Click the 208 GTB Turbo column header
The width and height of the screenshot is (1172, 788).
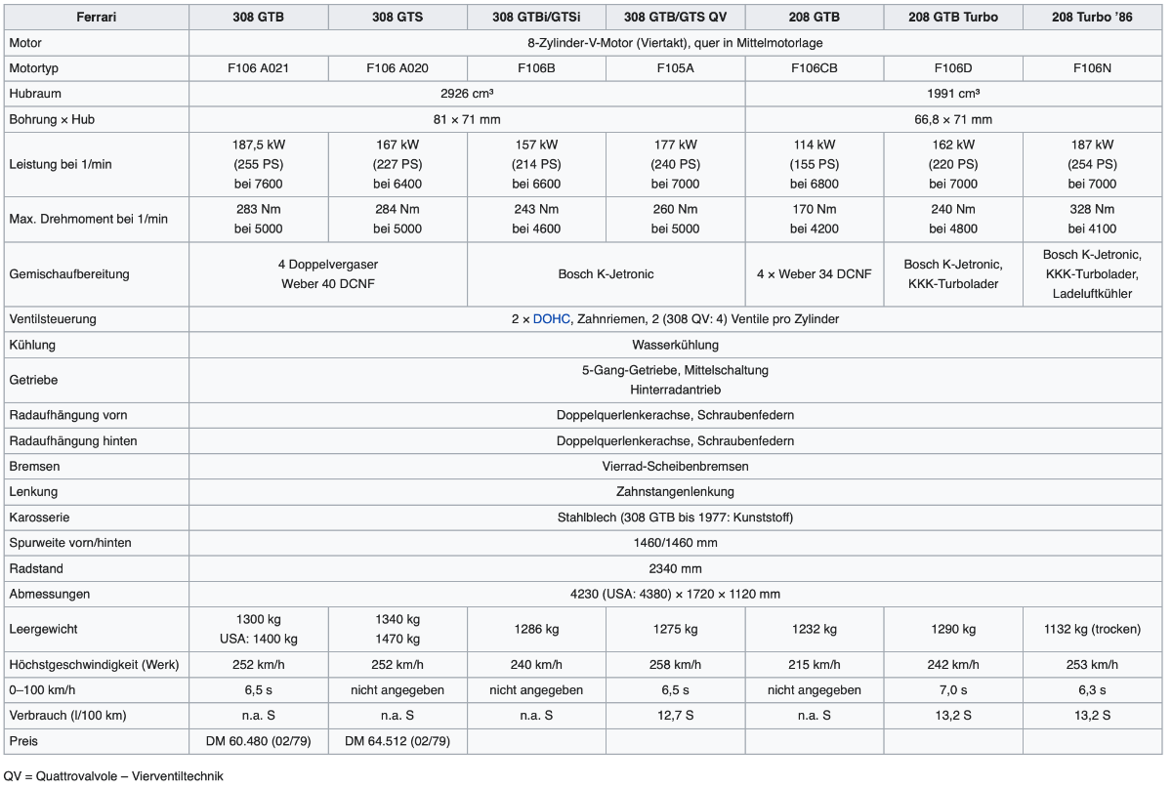953,18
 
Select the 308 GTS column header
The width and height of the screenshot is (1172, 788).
398,18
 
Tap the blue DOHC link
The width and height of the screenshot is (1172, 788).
552,319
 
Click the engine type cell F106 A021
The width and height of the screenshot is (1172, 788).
259,68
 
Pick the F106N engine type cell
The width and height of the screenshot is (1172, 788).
1092,68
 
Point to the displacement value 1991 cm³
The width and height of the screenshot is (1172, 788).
953,94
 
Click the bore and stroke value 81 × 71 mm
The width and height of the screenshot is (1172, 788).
466,119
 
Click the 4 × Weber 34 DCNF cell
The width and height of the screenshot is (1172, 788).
815,274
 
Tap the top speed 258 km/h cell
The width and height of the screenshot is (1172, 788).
675,665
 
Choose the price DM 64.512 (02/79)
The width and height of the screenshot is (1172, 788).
398,741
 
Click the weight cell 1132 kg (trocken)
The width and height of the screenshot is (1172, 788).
1092,630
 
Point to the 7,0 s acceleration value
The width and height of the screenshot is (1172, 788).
953,690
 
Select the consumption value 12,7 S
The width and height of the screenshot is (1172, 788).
675,716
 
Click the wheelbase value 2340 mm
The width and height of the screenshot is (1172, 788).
675,568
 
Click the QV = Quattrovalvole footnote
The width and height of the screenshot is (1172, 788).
113,776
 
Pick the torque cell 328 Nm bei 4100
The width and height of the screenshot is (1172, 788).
1092,219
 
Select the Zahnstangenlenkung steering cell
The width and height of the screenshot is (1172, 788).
675,491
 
